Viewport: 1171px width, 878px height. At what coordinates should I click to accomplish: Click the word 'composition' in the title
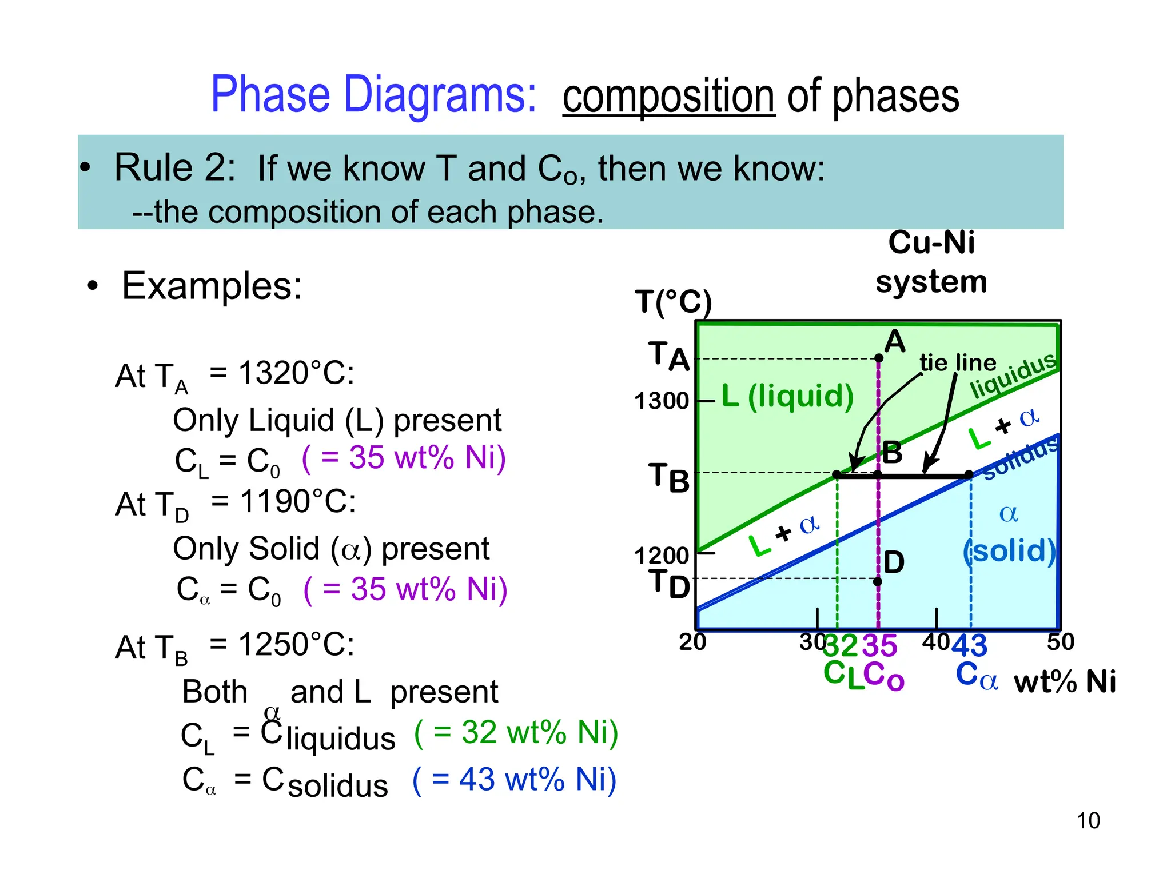point(668,97)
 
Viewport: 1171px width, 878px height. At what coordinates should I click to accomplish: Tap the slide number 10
point(1088,821)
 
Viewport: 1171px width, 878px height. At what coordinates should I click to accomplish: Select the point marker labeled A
point(879,358)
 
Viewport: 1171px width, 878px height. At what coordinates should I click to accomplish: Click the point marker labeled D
point(878,582)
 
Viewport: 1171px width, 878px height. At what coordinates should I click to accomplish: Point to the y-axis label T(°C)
point(673,301)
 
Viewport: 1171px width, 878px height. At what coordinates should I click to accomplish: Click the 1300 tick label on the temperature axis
point(662,401)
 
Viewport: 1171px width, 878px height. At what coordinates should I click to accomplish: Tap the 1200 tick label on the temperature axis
point(662,555)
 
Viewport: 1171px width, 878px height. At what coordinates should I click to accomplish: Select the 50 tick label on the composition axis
point(1060,642)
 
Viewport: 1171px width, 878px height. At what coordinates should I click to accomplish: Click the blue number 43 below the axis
point(970,646)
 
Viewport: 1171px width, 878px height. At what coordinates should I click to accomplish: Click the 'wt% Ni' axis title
point(1065,682)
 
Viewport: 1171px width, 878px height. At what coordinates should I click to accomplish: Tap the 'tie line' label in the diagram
point(958,363)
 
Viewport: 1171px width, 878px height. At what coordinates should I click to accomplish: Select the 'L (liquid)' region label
point(787,396)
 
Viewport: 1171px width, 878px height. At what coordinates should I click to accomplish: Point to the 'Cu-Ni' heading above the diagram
point(931,242)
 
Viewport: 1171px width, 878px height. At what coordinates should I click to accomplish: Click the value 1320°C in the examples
point(296,373)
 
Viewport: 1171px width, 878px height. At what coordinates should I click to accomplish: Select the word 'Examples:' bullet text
point(212,286)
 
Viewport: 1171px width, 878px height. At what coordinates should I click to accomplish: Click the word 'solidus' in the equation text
point(337,785)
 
